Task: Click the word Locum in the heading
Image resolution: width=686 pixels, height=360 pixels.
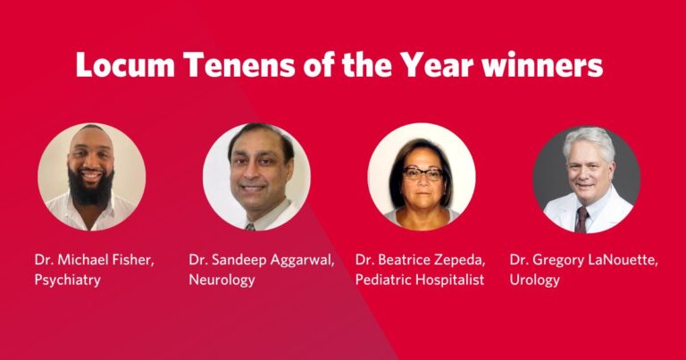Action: pos(126,64)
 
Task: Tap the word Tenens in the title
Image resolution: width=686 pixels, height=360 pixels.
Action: pos(239,64)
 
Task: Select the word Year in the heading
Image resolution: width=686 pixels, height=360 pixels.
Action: pos(438,64)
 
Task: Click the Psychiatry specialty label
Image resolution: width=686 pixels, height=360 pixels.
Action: pos(67,280)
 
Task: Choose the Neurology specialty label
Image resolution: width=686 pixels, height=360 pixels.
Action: pos(222,280)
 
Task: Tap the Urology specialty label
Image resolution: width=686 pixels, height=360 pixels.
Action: pos(535,280)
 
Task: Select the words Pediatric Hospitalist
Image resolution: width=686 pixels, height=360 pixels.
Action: pos(420,280)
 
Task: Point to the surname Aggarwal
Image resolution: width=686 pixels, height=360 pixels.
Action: pos(302,261)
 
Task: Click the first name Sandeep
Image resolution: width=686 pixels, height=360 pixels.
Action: pos(238,261)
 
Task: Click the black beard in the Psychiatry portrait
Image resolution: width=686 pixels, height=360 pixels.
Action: pos(91,188)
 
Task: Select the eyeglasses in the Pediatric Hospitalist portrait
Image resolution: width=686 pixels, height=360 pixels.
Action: pos(422,174)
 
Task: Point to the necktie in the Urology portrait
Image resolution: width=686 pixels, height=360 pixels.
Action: pos(581,220)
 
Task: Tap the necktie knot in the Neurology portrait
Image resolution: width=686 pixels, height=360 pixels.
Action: pos(249,227)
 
